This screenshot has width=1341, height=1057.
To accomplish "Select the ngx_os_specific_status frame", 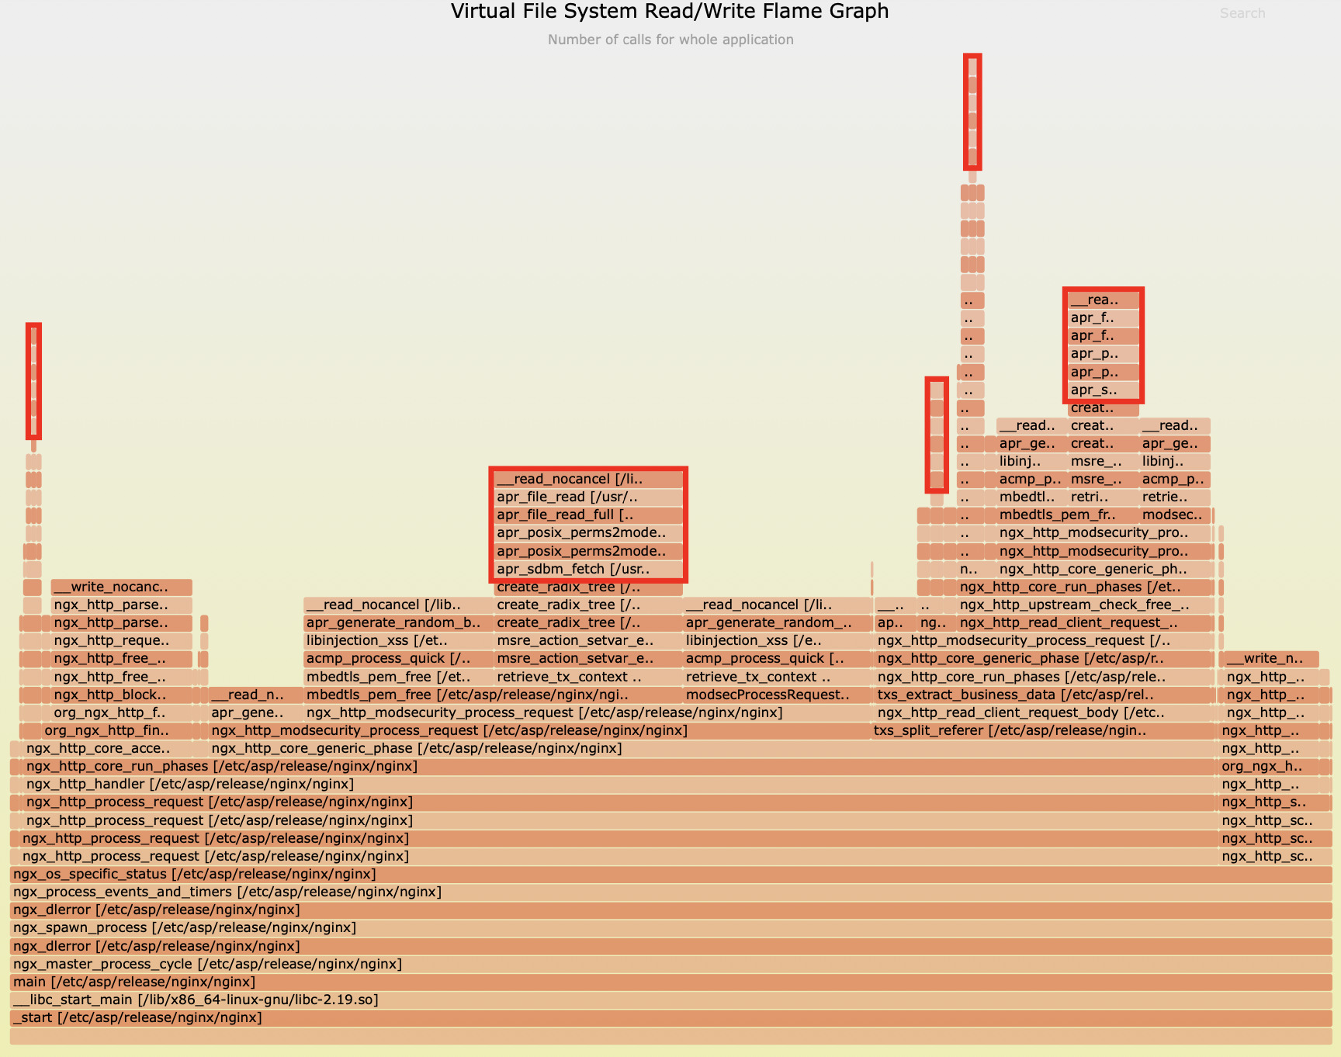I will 194,874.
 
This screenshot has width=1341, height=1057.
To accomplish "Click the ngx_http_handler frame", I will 190,784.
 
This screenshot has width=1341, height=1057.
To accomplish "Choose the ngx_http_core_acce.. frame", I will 98,748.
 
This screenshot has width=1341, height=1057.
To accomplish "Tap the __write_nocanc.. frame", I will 121,587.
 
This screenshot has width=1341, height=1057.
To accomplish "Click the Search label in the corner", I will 1242,13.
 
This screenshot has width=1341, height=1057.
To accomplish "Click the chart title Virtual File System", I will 670,12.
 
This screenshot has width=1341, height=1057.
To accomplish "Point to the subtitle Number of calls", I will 670,40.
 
